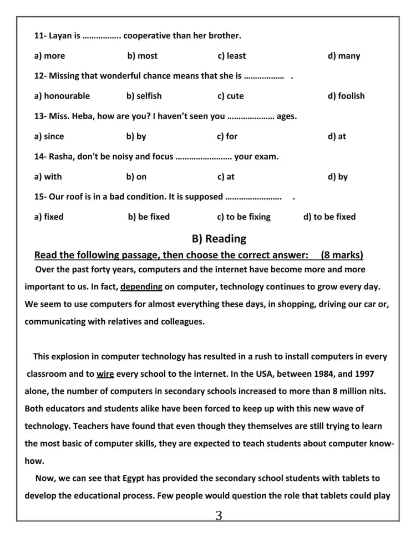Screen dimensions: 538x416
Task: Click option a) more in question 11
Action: (49, 56)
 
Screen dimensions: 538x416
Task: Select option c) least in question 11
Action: (232, 56)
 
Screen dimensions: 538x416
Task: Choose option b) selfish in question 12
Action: (144, 96)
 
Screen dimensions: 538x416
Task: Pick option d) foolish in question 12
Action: (346, 96)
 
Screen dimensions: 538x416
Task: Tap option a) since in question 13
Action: (49, 136)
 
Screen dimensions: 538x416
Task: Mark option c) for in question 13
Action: (227, 136)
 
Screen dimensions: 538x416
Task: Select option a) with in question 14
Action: (48, 177)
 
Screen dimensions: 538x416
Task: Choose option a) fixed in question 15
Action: (49, 217)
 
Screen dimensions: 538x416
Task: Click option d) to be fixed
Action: (329, 217)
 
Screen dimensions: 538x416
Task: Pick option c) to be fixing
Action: (243, 217)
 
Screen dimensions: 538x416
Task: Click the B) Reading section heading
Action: (219, 239)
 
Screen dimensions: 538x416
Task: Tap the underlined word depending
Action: (141, 287)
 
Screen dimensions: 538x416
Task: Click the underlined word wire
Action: (105, 373)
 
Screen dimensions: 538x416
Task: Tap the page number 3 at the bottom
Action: (219, 516)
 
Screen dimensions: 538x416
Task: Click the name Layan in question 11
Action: (60, 36)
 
